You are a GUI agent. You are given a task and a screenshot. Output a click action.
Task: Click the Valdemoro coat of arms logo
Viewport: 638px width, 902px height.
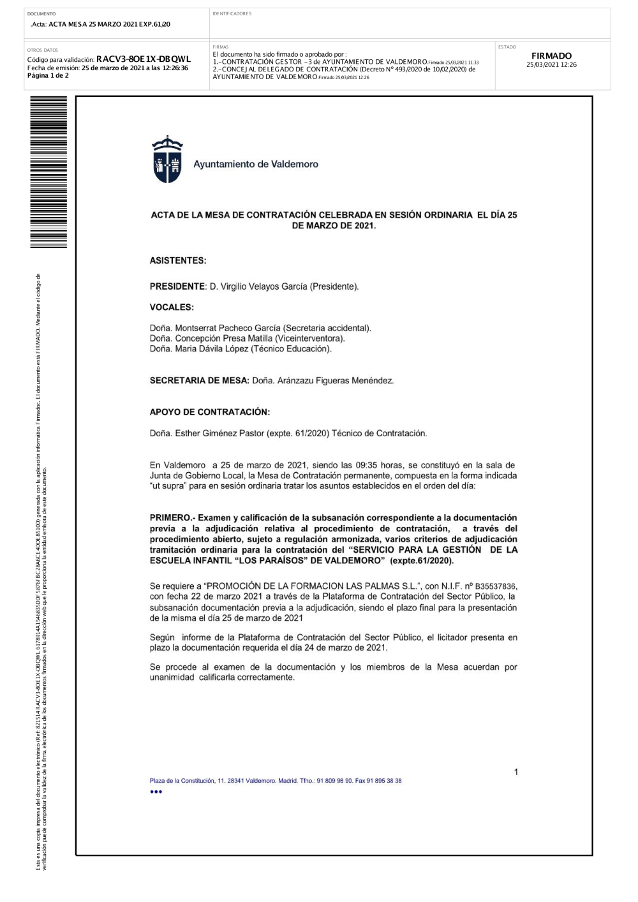[167, 159]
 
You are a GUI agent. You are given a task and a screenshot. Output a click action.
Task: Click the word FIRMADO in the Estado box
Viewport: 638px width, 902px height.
[551, 56]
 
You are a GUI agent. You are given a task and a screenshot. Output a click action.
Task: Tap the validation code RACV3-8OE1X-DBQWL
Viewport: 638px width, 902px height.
[144, 59]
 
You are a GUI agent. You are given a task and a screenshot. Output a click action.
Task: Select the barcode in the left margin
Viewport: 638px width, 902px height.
[48, 172]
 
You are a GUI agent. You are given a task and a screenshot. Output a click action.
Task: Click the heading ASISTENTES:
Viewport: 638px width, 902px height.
[178, 261]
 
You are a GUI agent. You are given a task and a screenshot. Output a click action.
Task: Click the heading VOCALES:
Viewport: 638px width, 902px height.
[172, 307]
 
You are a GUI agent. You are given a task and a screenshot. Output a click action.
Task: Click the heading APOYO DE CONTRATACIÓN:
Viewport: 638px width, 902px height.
[210, 412]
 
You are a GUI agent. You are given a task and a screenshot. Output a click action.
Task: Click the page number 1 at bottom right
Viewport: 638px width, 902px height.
[516, 773]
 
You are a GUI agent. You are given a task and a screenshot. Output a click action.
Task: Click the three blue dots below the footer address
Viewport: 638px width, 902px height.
[156, 792]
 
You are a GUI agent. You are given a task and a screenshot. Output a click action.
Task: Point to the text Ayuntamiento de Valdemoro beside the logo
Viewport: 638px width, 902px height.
[256, 165]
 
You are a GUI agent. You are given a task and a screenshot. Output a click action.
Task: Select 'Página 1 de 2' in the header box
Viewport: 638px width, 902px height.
[48, 76]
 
